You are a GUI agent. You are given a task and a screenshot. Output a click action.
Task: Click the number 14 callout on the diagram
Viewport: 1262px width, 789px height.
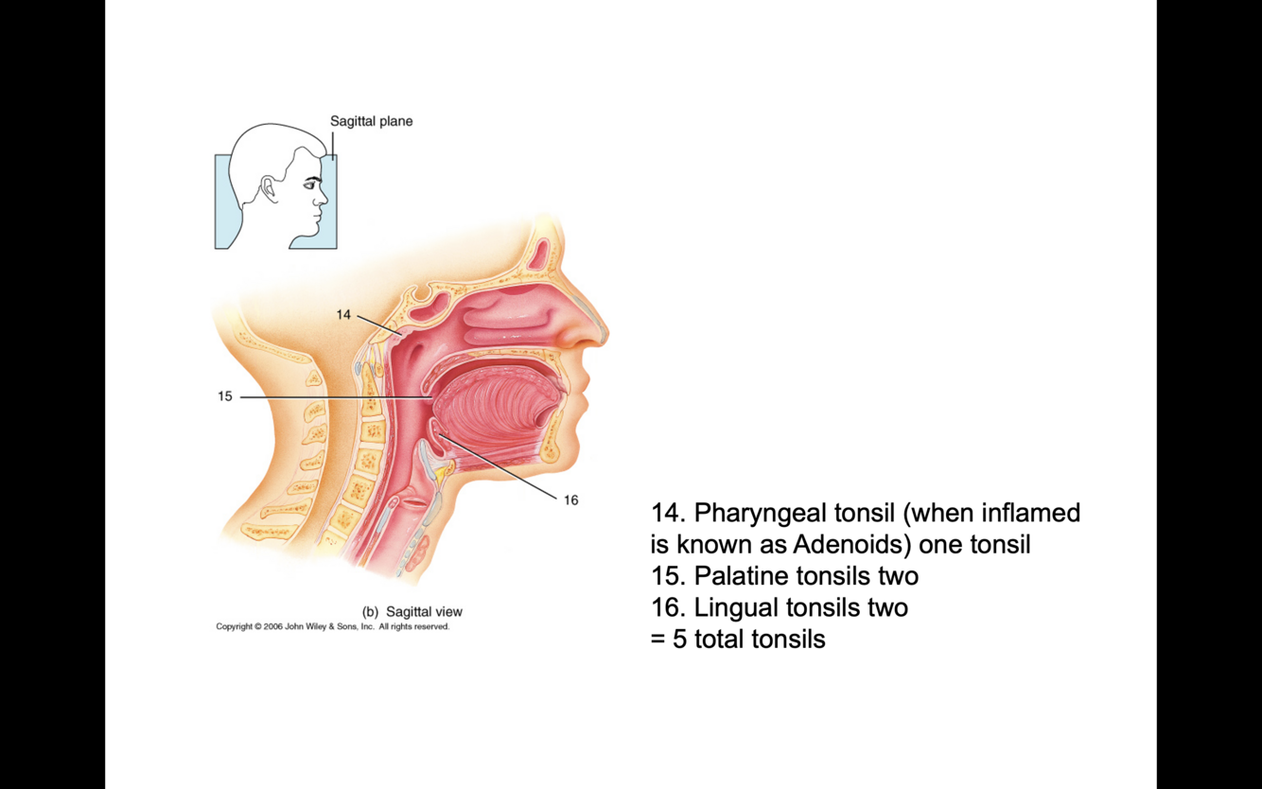click(x=343, y=314)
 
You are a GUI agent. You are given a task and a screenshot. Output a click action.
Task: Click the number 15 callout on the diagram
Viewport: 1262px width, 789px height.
click(x=225, y=396)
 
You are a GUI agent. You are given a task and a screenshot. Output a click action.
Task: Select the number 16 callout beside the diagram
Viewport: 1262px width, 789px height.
click(x=570, y=500)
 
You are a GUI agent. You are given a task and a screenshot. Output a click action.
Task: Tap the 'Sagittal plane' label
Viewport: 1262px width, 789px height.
click(x=371, y=121)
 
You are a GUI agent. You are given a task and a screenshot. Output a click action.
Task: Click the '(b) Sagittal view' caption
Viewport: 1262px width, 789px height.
click(x=412, y=611)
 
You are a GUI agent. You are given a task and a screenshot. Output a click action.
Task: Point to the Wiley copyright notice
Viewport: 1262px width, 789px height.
click(x=332, y=626)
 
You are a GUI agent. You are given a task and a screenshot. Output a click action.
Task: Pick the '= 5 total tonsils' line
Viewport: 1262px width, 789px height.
click(x=738, y=639)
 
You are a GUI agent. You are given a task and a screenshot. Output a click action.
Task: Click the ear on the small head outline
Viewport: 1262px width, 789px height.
click(x=270, y=190)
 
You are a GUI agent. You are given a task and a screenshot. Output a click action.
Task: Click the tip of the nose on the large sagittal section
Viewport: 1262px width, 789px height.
click(x=603, y=333)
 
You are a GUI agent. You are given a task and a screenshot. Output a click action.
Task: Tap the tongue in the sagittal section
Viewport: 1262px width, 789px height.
click(x=497, y=407)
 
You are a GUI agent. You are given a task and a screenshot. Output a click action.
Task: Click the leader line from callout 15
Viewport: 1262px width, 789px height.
click(x=331, y=397)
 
